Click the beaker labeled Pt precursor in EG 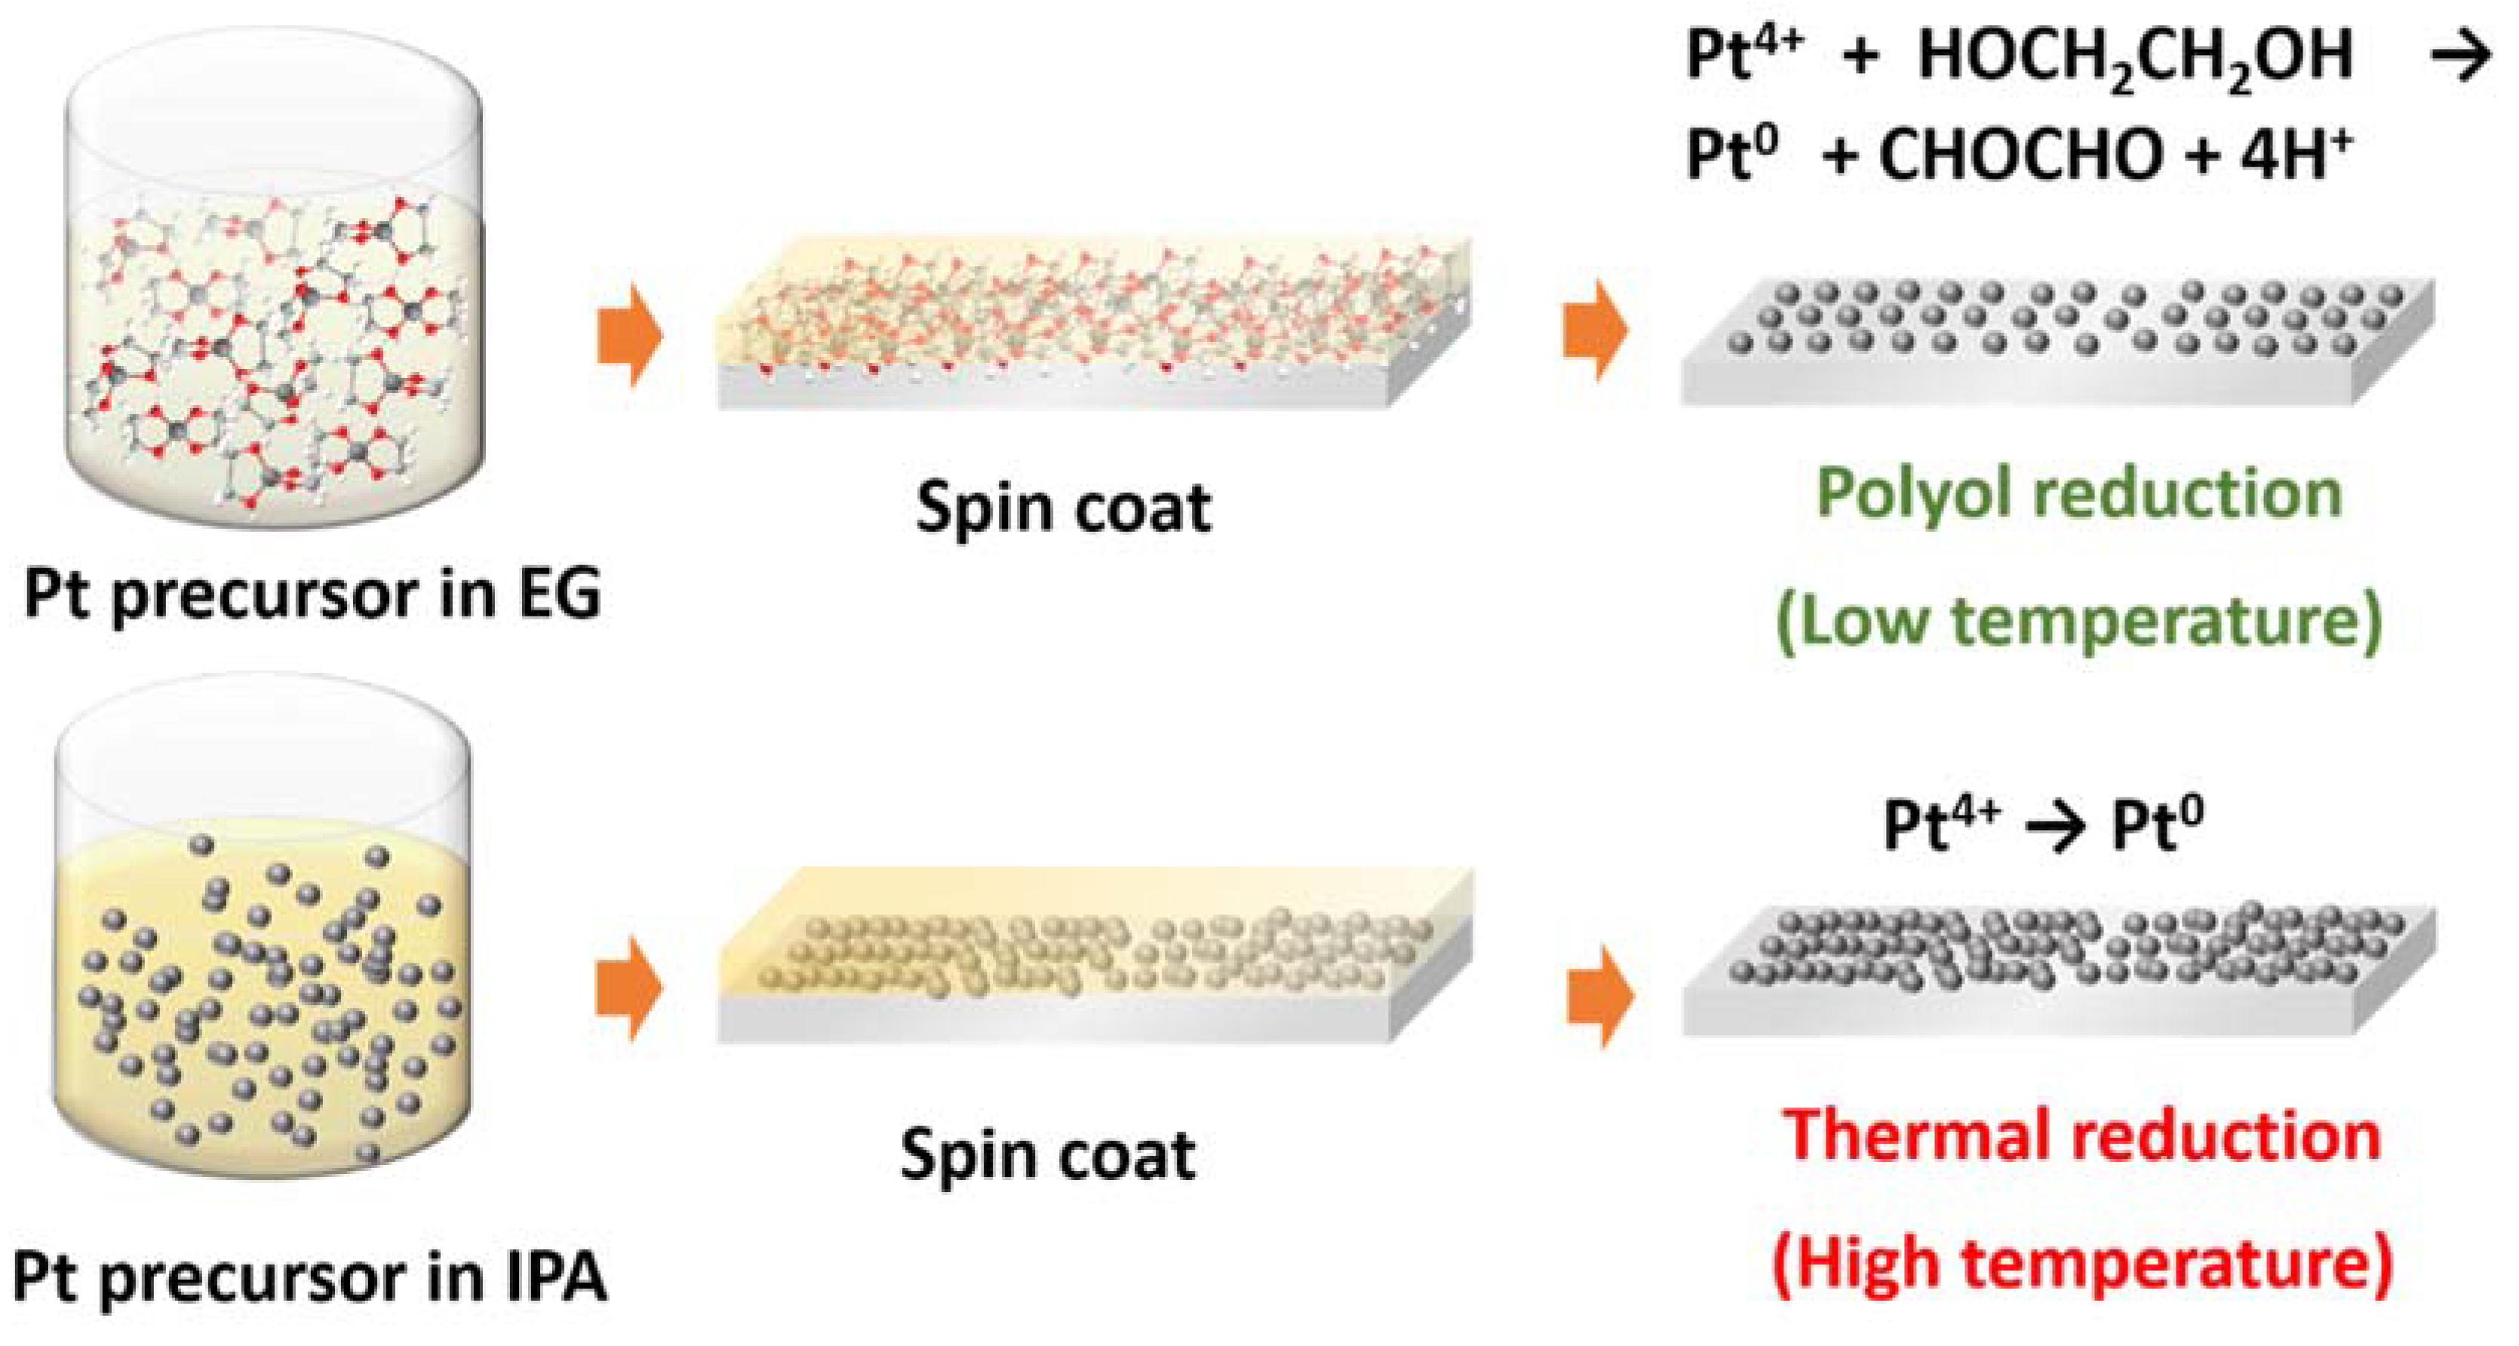[274, 284]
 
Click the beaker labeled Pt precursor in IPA [262, 930]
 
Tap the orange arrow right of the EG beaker [630, 334]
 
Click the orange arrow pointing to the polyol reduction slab [1595, 330]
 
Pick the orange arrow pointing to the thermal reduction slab [1600, 997]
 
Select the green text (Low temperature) [2079, 620]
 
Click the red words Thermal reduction [2081, 1137]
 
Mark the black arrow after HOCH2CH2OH [2459, 57]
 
